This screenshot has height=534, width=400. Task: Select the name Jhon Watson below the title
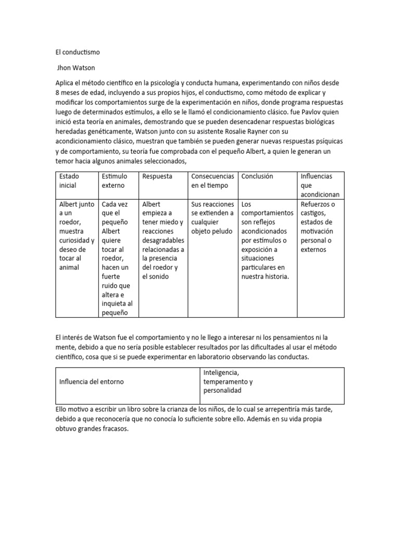[77, 67]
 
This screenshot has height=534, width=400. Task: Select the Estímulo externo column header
[115, 181]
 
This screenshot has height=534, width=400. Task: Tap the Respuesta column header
[157, 176]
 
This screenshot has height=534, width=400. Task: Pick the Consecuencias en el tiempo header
[213, 181]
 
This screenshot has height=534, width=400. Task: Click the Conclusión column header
[257, 176]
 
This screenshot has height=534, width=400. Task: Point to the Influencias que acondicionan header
[317, 186]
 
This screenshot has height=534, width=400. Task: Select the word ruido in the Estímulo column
[110, 285]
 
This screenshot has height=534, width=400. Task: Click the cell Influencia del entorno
[92, 382]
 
